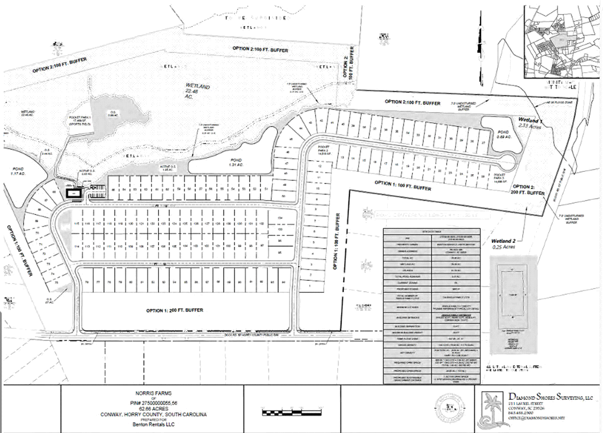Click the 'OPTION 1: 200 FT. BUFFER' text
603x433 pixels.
175,310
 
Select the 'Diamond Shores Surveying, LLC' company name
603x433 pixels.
548,398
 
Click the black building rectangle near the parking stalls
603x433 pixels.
76,193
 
